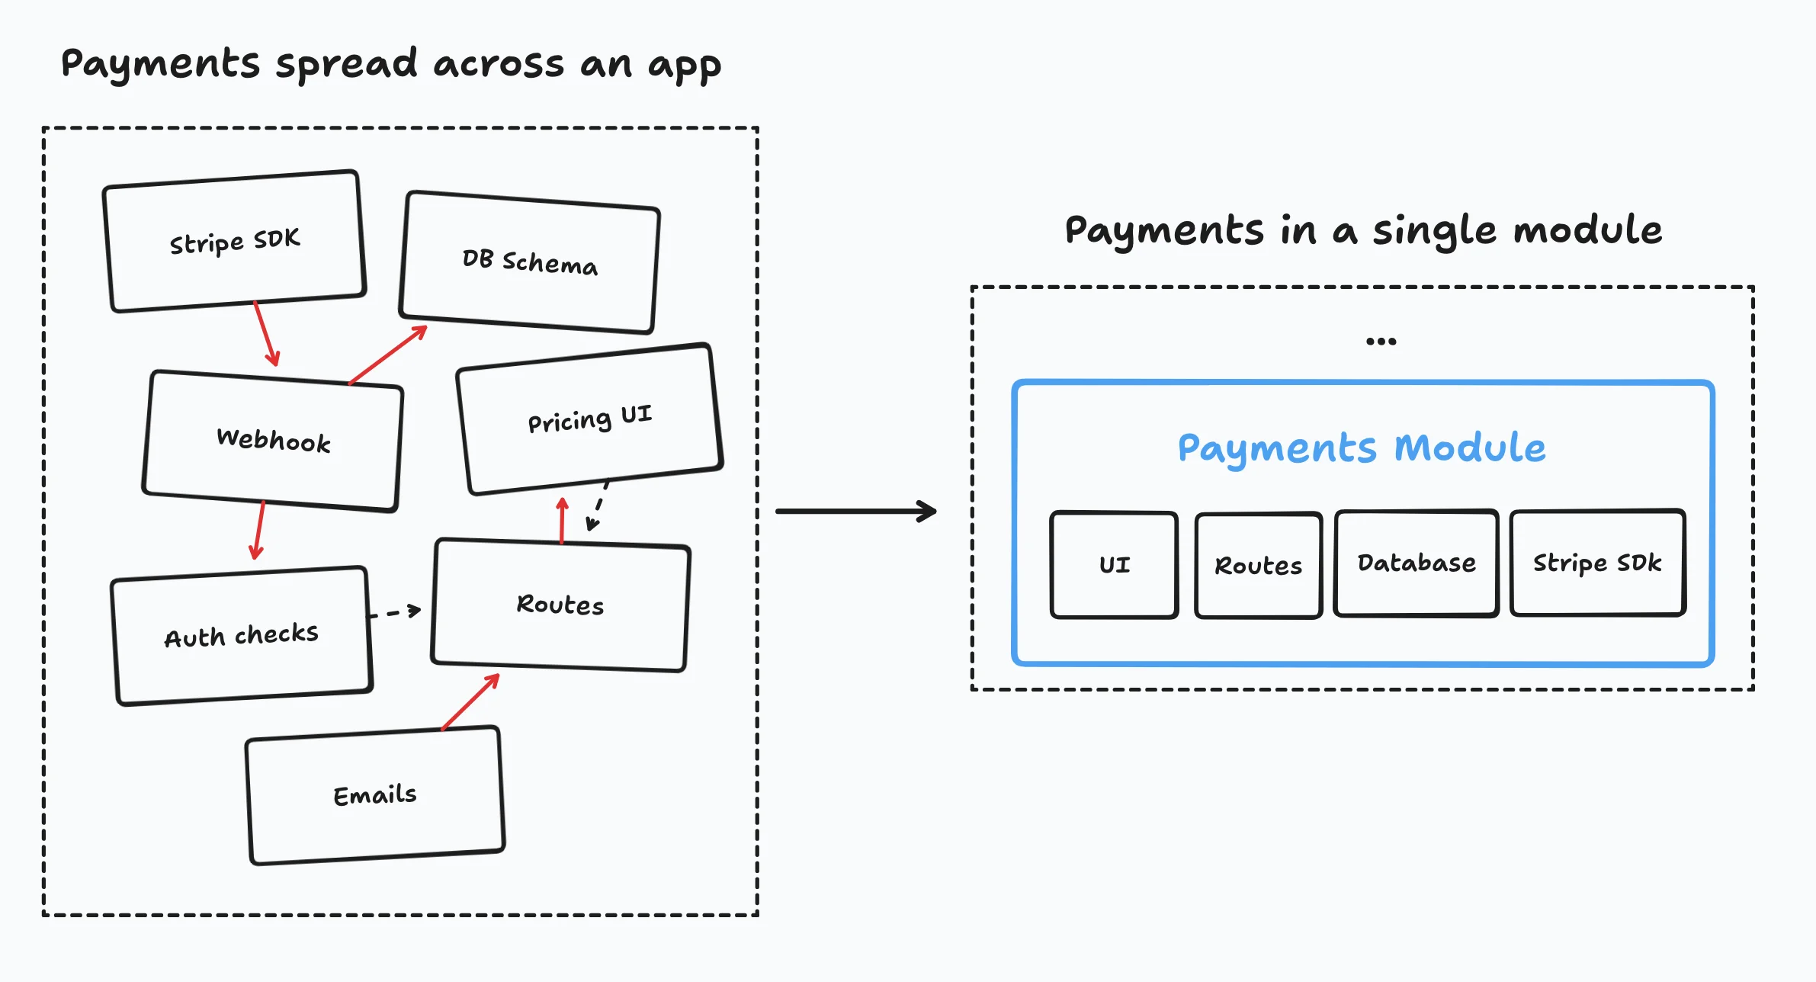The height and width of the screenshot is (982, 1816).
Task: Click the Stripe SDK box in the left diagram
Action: point(235,241)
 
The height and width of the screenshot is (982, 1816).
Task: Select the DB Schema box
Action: point(530,262)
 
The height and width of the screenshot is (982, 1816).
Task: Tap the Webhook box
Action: point(273,441)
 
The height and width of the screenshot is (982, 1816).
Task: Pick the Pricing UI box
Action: point(589,419)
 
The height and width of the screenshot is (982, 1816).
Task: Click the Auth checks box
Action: point(242,636)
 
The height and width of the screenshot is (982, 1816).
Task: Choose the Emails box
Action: point(375,795)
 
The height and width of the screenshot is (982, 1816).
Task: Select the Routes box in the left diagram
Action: point(560,605)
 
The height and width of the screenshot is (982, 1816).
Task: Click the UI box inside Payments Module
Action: point(1114,564)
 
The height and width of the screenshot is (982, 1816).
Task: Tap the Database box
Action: point(1417,563)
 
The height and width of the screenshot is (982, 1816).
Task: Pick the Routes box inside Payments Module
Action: point(1258,565)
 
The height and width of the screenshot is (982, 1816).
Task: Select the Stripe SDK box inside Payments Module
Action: point(1597,563)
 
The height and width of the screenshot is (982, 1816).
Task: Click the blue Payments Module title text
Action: point(1362,448)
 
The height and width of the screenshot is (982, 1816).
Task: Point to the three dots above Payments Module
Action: point(1381,341)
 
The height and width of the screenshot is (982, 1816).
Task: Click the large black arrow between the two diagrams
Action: point(856,511)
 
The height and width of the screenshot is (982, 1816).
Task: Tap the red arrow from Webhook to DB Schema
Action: point(388,355)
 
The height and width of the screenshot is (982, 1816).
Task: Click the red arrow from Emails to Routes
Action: point(470,701)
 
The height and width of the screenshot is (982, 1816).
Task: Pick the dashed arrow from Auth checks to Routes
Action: point(395,612)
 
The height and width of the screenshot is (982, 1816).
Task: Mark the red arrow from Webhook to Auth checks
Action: point(258,530)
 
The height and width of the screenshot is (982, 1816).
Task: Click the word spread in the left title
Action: point(347,65)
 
